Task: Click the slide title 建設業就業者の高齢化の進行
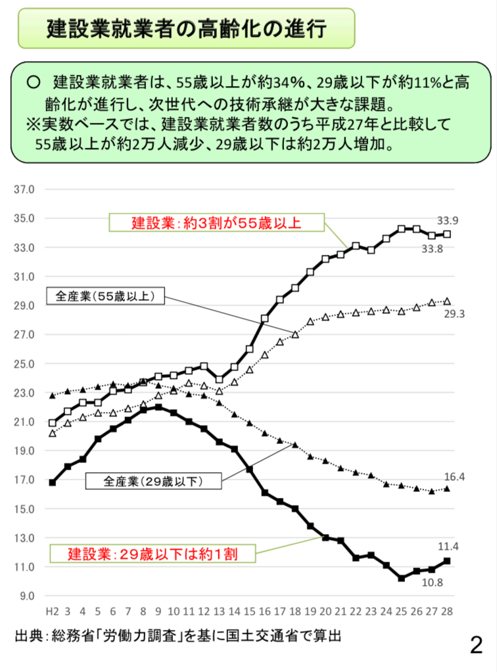coord(187,28)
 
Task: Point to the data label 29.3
coord(454,314)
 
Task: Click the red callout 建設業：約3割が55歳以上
coord(216,223)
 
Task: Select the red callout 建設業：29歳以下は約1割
coord(153,554)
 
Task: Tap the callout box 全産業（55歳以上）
coord(105,296)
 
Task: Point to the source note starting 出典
coord(178,637)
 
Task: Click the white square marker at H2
coord(53,423)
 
